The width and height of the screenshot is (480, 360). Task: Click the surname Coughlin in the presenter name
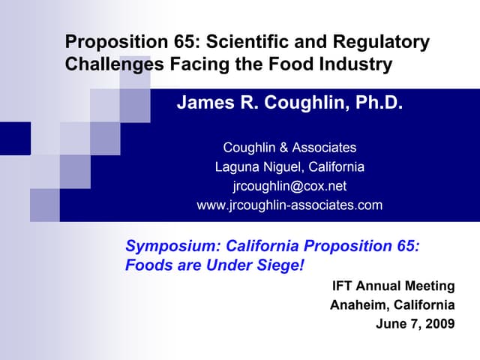[308, 103]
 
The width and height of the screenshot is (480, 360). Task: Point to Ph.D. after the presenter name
[379, 103]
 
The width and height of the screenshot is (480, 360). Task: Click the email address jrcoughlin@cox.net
[289, 186]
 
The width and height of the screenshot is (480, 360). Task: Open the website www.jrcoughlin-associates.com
[289, 205]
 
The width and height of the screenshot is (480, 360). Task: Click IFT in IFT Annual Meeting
[343, 286]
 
